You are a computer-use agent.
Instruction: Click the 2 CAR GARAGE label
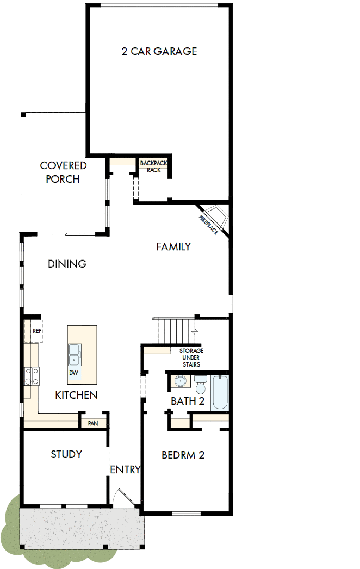[159, 52]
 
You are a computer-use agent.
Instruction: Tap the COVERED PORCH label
[63, 172]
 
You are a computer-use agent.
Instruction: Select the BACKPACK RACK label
[153, 166]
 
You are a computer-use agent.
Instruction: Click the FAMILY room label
[173, 246]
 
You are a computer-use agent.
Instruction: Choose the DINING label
[67, 264]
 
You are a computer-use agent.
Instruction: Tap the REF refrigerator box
[36, 330]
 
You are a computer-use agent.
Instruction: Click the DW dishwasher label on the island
[73, 373]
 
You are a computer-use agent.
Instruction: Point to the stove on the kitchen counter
[32, 376]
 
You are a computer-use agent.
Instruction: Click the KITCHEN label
[76, 395]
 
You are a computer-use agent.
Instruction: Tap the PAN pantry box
[92, 423]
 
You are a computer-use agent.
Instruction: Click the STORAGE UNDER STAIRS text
[191, 357]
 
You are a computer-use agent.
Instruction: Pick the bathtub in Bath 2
[221, 392]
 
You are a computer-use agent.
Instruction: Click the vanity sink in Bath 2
[180, 382]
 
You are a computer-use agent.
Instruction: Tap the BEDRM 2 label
[183, 455]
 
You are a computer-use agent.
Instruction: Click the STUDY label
[66, 454]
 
